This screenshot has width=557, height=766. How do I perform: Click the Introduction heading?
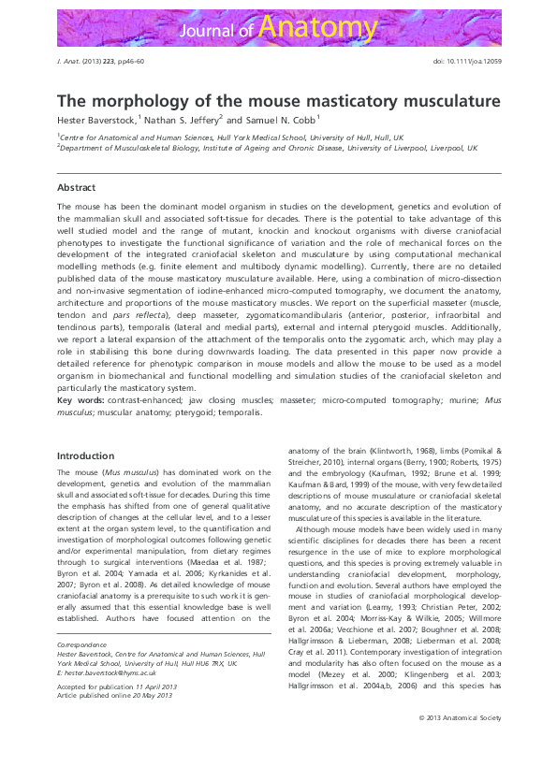tap(85, 455)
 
